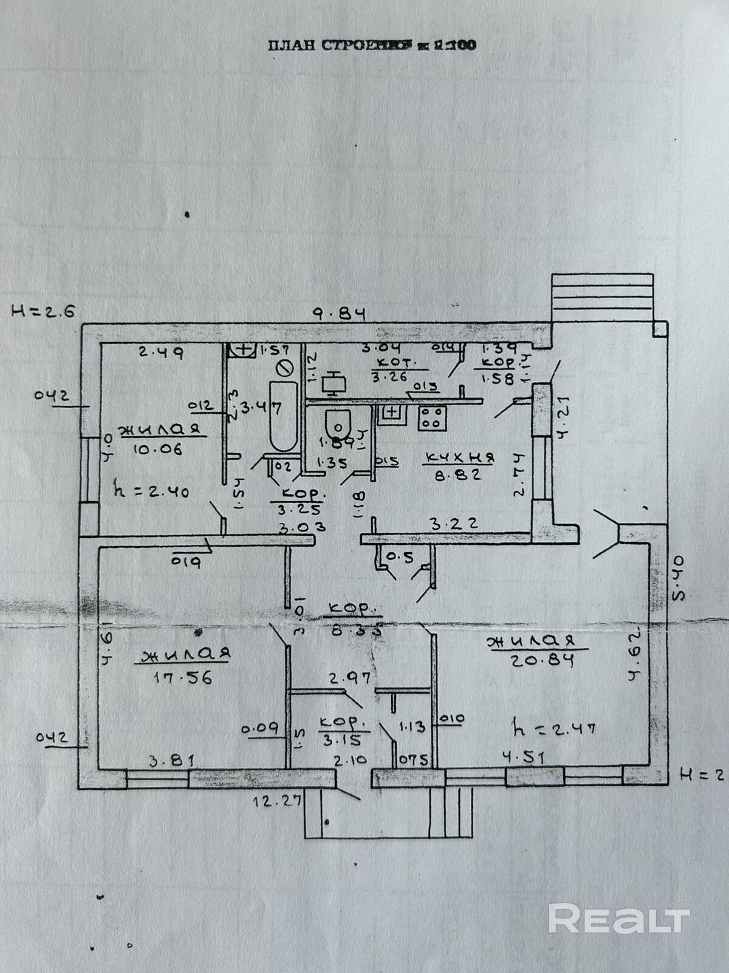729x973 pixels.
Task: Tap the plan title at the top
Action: (371, 45)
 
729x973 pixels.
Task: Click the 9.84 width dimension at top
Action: (341, 314)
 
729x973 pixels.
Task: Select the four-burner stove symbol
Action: (432, 417)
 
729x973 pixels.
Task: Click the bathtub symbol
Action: (282, 417)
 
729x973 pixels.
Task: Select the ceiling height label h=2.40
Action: (152, 491)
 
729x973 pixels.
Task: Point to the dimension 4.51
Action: (524, 757)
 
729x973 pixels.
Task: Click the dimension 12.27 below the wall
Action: (277, 800)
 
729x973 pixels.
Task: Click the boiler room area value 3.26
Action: (390, 376)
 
